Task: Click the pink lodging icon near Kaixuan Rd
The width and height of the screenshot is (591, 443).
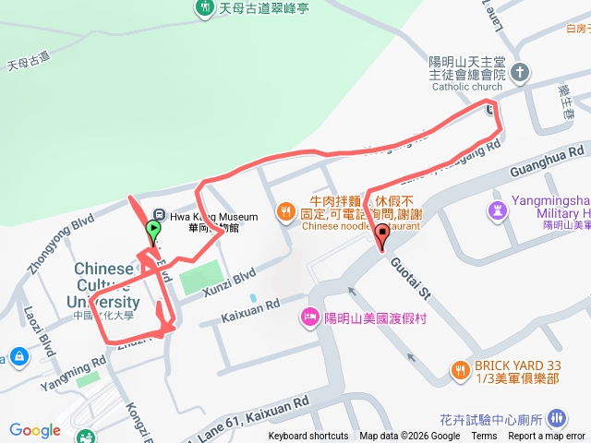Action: (x=309, y=318)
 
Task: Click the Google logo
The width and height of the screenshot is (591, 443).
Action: (x=34, y=429)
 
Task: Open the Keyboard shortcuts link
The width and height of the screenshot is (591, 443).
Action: (x=308, y=437)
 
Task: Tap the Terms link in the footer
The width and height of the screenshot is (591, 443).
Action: (x=484, y=437)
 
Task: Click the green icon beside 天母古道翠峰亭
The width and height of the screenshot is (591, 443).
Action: (x=205, y=8)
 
